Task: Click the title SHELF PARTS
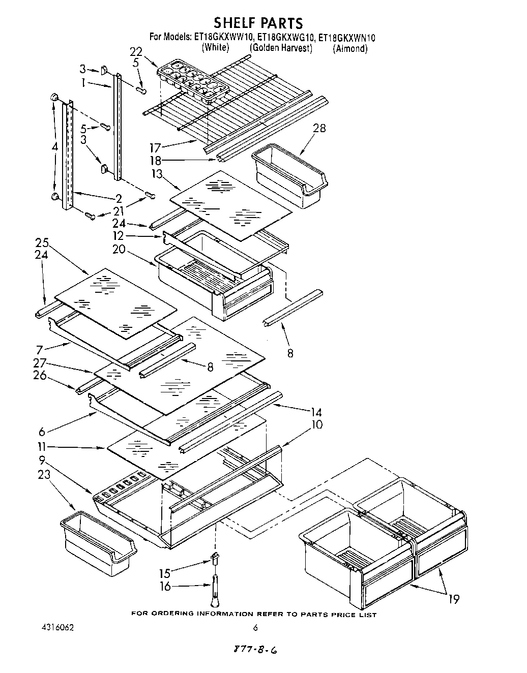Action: tap(258, 23)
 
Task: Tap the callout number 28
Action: tap(319, 128)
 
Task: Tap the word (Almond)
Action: tap(350, 49)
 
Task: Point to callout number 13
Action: tap(157, 174)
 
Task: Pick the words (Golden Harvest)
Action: tap(281, 48)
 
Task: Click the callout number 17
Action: tap(155, 148)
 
